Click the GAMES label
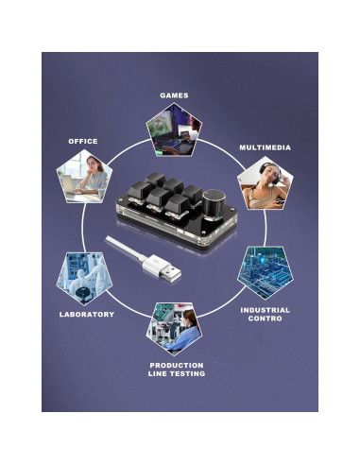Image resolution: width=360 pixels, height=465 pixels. click(x=174, y=95)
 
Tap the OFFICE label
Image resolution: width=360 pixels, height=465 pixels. click(x=82, y=141)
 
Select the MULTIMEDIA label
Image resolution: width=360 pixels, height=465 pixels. click(x=265, y=147)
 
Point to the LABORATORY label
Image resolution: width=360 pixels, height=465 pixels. click(x=86, y=314)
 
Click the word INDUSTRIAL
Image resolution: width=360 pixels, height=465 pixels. click(x=265, y=310)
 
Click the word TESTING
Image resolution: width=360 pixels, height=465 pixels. click(x=189, y=374)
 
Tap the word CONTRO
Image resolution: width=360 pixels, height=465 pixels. click(x=265, y=319)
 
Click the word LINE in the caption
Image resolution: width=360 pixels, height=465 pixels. click(x=157, y=374)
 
